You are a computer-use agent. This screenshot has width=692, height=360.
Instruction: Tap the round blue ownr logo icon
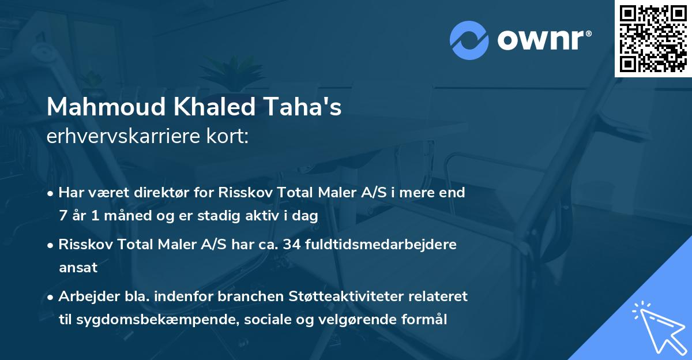pos(469,40)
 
